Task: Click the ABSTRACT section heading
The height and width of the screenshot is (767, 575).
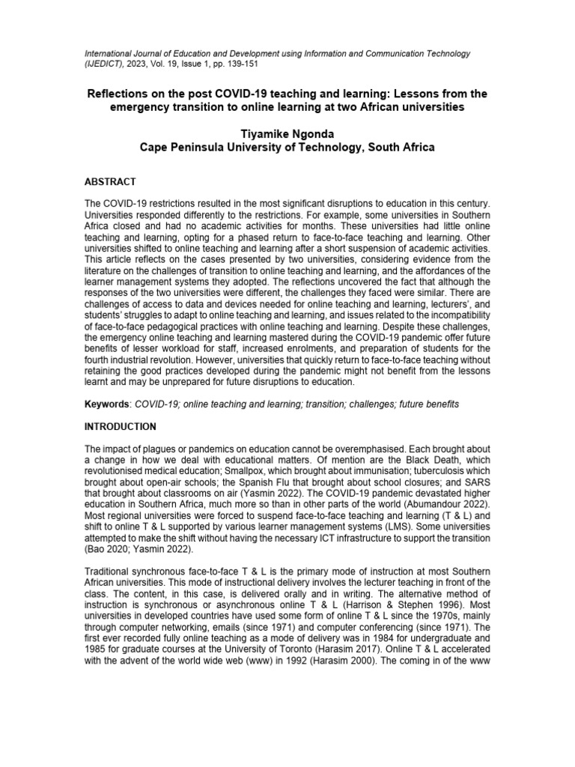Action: tap(111, 181)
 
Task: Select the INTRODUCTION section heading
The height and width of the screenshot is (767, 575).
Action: tap(121, 427)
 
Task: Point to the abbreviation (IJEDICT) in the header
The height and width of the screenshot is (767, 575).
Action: tap(105, 65)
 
